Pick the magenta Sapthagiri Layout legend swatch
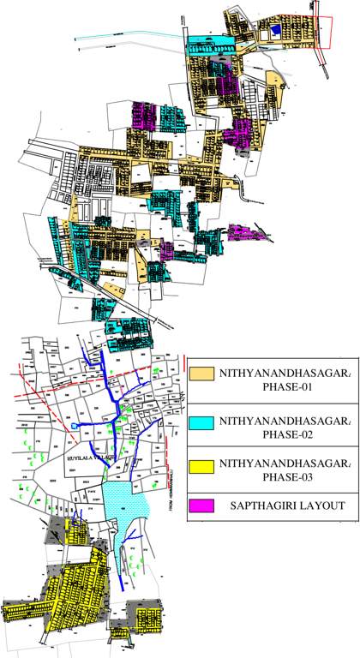(201, 505)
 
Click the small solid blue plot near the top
(274, 30)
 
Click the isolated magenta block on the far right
(247, 231)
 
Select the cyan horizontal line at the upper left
(129, 35)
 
